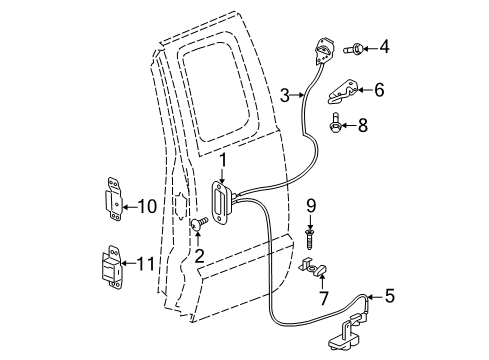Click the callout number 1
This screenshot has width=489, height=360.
click(223, 158)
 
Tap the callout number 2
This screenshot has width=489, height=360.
click(198, 257)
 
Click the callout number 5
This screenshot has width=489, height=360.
click(390, 296)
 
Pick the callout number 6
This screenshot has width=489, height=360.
click(378, 90)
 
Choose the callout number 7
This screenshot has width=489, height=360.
click(322, 299)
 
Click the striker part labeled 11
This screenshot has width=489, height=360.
click(110, 268)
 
